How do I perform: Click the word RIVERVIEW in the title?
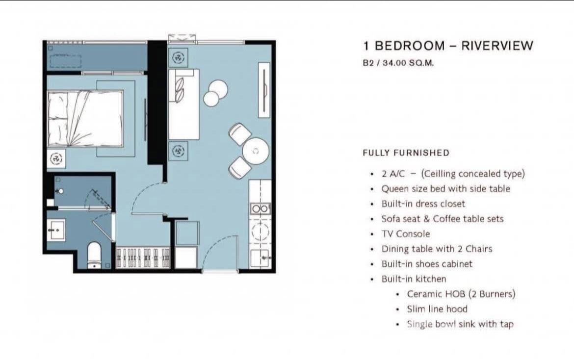(497, 46)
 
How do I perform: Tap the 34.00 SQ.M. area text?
(408, 63)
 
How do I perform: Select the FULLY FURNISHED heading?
(406, 153)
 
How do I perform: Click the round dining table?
(256, 151)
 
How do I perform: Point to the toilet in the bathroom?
(95, 255)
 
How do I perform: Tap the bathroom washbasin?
(57, 230)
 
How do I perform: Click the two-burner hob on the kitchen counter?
(260, 208)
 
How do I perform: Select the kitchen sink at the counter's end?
(261, 258)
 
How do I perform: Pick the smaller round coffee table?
(211, 99)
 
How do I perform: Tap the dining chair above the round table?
(240, 134)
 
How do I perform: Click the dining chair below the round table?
(240, 168)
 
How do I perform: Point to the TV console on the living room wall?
(264, 90)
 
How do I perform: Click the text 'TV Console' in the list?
(406, 234)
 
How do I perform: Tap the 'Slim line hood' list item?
(437, 309)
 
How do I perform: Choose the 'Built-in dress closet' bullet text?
(423, 204)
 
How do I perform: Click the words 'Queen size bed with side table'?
(446, 189)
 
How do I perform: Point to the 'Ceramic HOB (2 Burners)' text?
(461, 294)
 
